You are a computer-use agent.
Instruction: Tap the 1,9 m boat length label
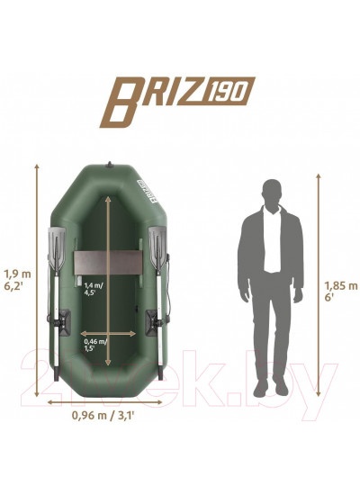point(17,274)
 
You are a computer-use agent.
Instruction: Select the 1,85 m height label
point(341,285)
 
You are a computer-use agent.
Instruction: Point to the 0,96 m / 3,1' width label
point(103,415)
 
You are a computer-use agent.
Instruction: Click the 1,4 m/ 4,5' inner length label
point(94,289)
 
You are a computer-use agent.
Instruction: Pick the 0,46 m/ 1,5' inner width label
point(95,345)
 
